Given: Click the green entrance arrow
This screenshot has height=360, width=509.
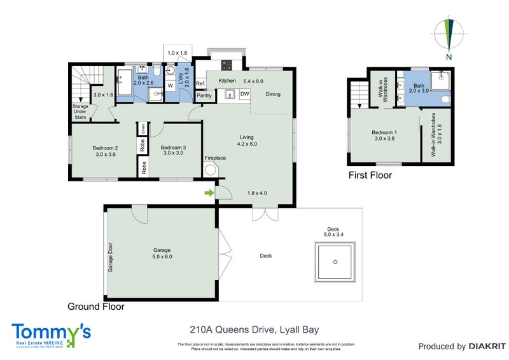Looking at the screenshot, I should tap(208, 192).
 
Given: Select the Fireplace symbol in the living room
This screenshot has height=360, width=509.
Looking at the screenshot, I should tap(211, 170).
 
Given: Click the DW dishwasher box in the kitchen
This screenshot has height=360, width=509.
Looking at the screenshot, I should tap(245, 94).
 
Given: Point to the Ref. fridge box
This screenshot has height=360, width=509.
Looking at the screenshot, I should tap(200, 83).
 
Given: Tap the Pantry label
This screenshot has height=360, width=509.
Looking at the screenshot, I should tap(204, 95).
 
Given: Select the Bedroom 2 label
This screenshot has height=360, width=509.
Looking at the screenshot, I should tap(90, 149).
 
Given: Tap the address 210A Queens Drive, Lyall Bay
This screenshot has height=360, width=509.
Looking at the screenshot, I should tap(254, 329).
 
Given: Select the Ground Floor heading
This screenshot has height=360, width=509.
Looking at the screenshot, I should tap(96, 306).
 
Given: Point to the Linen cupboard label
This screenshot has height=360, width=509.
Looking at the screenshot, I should tap(144, 128).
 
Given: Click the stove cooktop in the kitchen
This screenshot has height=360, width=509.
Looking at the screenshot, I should tap(226, 64).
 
